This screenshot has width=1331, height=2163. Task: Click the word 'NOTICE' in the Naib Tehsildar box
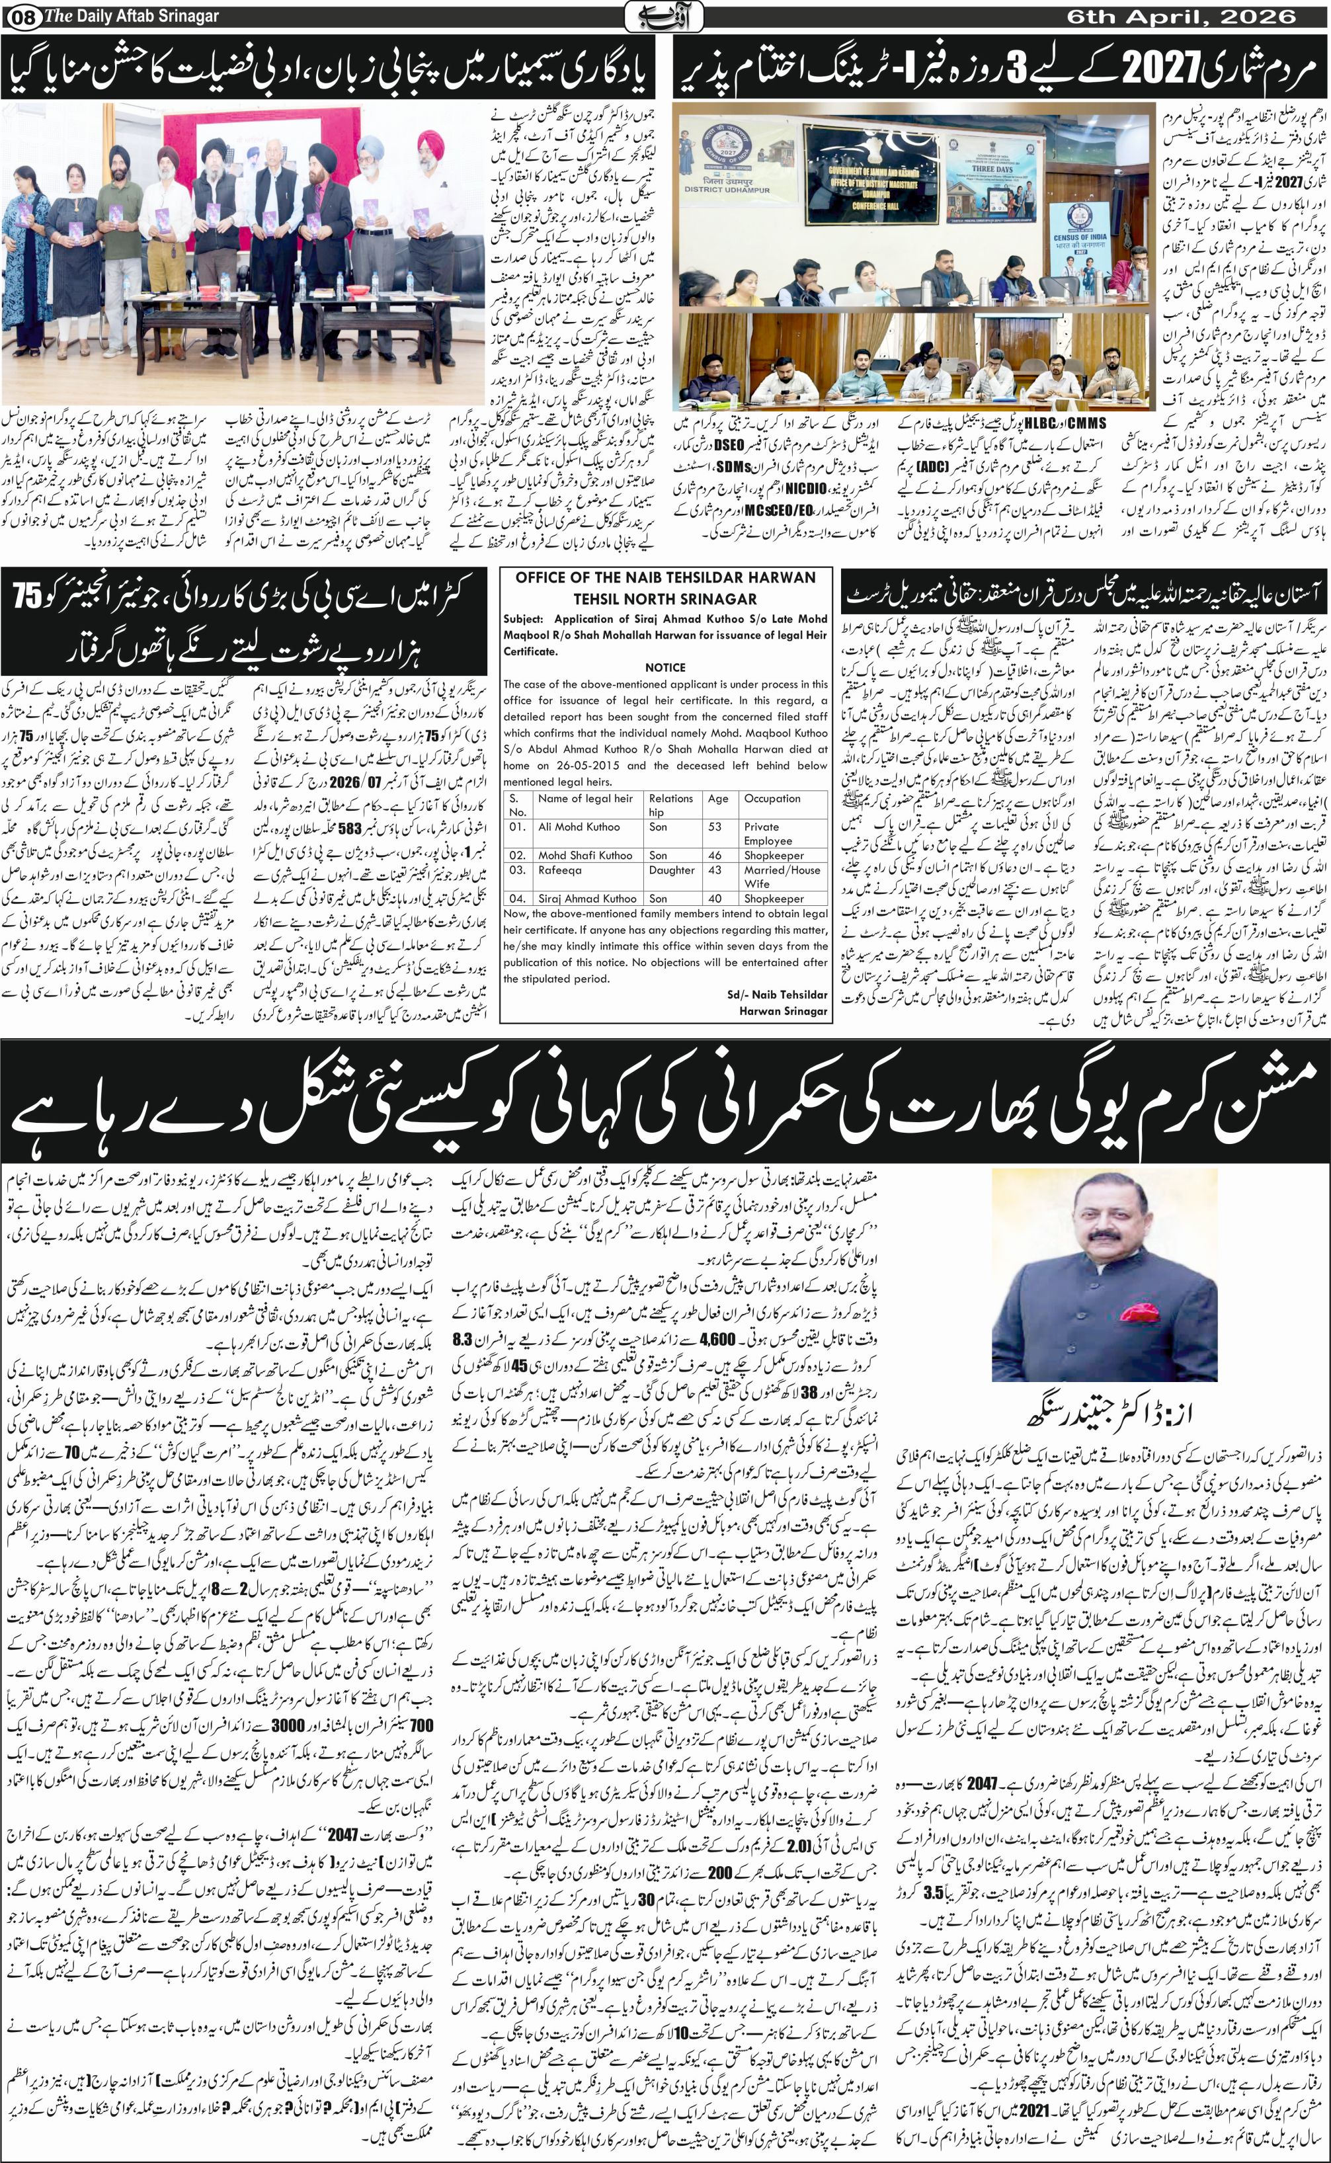tap(665, 667)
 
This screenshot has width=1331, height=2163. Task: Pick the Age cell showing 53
tap(717, 827)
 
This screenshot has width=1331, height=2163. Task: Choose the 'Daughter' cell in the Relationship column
tap(672, 870)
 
